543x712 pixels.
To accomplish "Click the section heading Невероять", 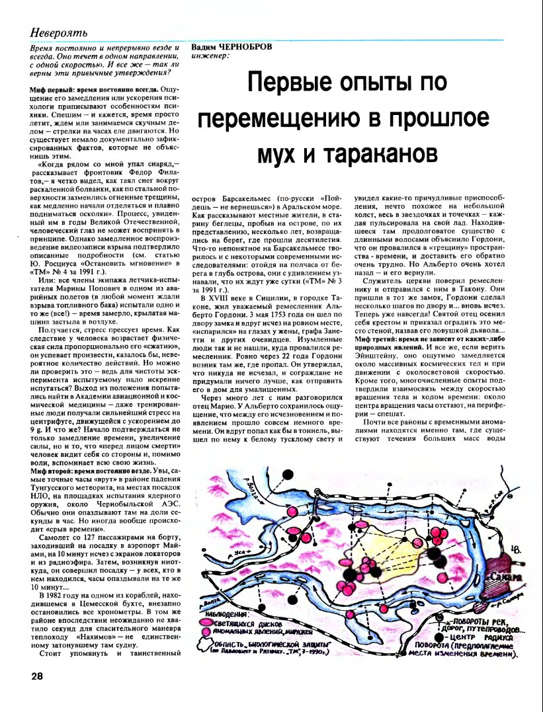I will tap(59, 32).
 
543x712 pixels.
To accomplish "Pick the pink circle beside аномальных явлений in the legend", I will tap(206, 633).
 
